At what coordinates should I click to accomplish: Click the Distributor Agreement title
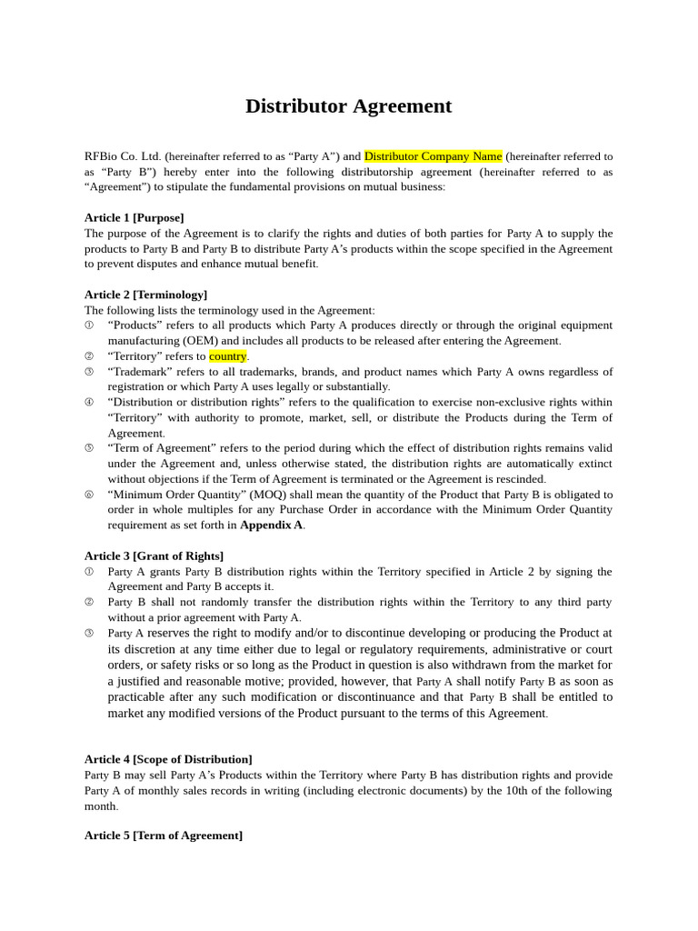[x=348, y=106]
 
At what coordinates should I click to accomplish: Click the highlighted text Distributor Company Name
[x=433, y=156]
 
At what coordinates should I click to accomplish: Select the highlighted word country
[x=227, y=356]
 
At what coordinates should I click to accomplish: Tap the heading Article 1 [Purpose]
[x=134, y=217]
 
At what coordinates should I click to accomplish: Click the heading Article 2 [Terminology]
[x=145, y=295]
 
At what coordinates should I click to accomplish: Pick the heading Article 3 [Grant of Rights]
[x=154, y=556]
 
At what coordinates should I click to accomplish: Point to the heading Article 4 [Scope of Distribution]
[x=168, y=759]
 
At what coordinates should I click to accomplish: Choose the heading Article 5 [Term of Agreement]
[x=164, y=836]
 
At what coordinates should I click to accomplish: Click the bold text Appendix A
[x=272, y=525]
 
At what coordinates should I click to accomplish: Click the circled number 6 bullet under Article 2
[x=89, y=495]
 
